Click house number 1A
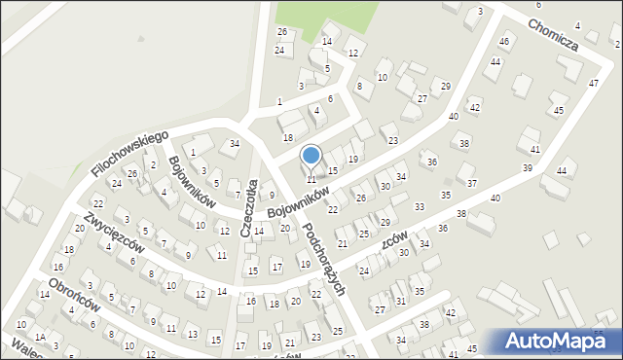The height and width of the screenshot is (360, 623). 40,336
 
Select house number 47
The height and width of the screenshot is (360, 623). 594,84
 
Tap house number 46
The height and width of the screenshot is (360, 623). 503,42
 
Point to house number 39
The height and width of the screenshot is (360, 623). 528,168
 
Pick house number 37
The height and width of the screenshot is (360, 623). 471,183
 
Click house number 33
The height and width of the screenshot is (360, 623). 420,207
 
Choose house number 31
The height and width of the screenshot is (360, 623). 401,302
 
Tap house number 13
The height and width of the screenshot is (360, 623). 191,336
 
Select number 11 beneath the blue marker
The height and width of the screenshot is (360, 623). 311,179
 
